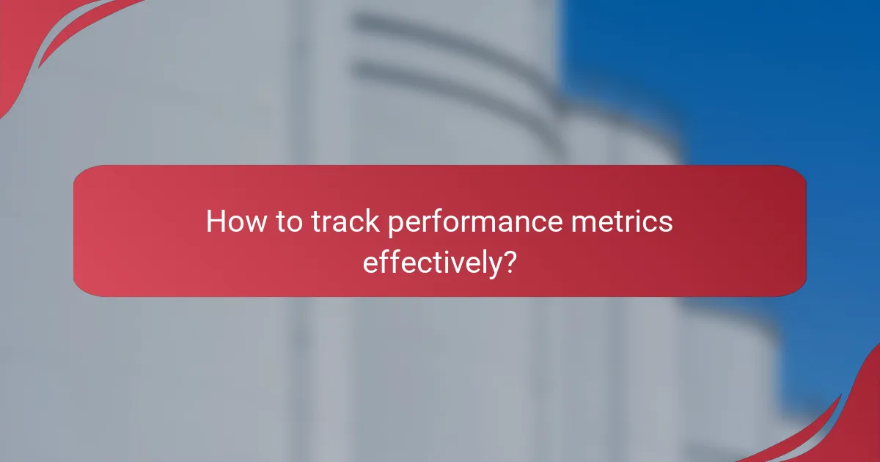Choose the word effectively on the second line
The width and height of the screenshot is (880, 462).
[428, 263]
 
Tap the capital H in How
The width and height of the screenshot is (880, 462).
[215, 221]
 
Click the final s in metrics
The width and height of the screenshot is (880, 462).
[665, 223]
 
